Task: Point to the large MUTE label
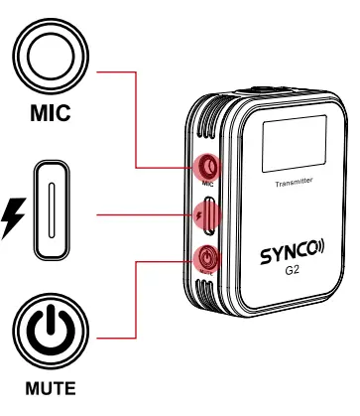49,389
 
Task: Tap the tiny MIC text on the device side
207,184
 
